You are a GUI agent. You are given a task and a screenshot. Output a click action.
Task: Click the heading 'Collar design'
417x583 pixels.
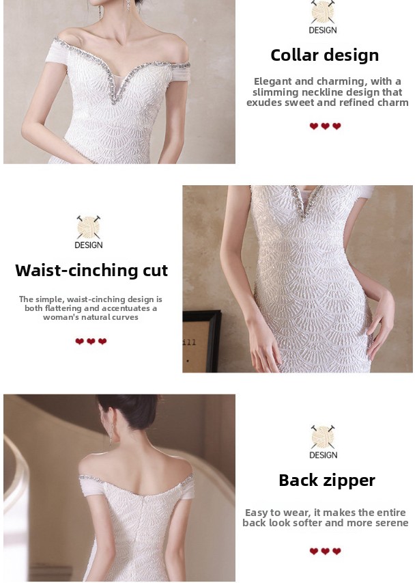pos(325,55)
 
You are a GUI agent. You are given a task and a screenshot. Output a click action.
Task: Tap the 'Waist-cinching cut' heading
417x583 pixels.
pos(91,270)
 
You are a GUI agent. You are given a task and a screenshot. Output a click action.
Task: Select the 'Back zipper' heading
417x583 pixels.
pos(327,480)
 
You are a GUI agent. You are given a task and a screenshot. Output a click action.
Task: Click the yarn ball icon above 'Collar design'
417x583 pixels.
pos(323,12)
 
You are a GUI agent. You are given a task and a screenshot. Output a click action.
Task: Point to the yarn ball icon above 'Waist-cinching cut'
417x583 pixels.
pos(88,227)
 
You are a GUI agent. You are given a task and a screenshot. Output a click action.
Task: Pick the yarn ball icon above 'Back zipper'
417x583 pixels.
pos(323,437)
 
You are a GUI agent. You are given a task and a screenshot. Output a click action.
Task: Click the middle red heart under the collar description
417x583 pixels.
pos(325,126)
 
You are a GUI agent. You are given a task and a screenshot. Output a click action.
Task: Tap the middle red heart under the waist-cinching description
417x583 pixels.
pos(91,341)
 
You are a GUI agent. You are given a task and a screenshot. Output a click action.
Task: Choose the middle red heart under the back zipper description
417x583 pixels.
pos(325,551)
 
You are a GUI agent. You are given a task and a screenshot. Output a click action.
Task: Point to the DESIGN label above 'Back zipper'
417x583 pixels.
pos(323,455)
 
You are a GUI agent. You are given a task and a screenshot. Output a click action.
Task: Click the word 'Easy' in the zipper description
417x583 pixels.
pos(257,513)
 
